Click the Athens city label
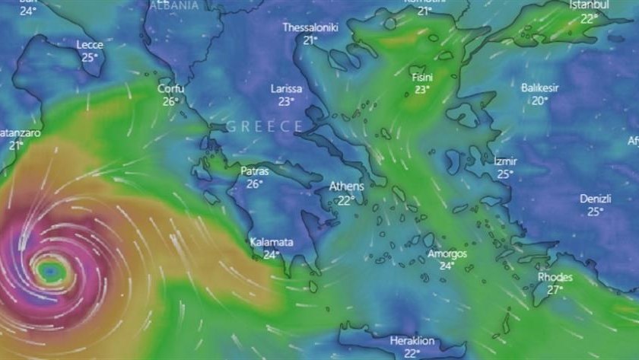pos(346,186)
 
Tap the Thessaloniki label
pos(310,27)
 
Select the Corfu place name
pos(170,88)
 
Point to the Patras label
pos(255,171)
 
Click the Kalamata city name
pos(272,243)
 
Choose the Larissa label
pos(286,89)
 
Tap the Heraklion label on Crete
pos(412,341)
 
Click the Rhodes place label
pos(555,277)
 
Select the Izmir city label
pos(505,161)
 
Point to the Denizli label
pos(596,199)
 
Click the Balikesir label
pos(540,88)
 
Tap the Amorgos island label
pos(447,253)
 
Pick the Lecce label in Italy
pos(90,45)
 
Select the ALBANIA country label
pos(175,5)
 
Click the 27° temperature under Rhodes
pos(556,289)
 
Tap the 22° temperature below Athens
pos(346,200)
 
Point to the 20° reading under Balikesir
pos(540,100)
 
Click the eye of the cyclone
pos(50,269)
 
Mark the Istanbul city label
pos(590,5)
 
